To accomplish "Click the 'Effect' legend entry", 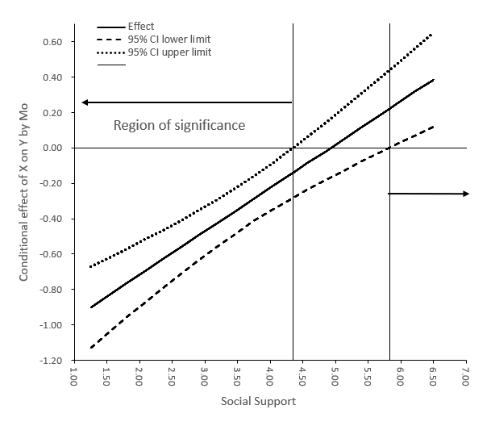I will (x=141, y=27).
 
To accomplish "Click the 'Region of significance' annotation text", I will (x=179, y=125).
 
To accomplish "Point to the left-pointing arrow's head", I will (x=85, y=102).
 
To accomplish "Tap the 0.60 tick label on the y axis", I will (x=52, y=41).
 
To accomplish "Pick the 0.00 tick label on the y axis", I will (x=52, y=148).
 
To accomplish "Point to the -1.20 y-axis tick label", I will (x=49, y=360).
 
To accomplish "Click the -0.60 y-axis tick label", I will (x=49, y=254).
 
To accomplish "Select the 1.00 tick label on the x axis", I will (x=73, y=377).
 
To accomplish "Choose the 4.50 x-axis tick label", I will (x=303, y=377).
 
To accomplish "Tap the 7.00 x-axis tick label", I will (x=467, y=377).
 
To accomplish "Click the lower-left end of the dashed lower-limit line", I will (x=90, y=348).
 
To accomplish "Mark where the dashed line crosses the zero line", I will (x=389, y=148).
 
